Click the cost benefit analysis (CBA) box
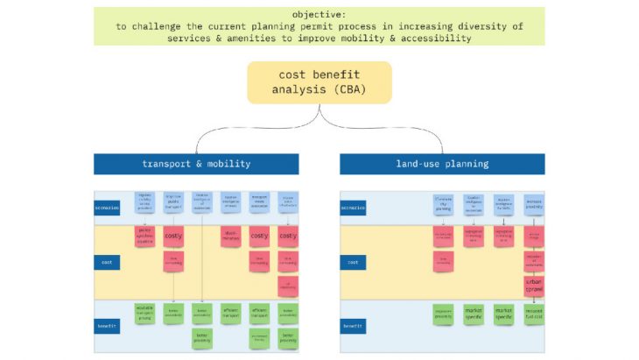coord(319,82)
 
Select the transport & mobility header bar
coord(196,164)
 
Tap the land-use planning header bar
coord(442,164)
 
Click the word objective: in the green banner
coord(319,15)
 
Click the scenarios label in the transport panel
coord(109,208)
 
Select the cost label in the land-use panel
coord(353,262)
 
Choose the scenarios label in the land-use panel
coord(353,208)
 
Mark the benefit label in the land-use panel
coord(353,326)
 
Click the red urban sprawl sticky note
coord(533,286)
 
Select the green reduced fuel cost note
coord(533,314)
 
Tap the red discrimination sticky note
coord(230,236)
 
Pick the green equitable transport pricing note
coord(144,313)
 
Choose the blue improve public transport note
coord(173,202)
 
